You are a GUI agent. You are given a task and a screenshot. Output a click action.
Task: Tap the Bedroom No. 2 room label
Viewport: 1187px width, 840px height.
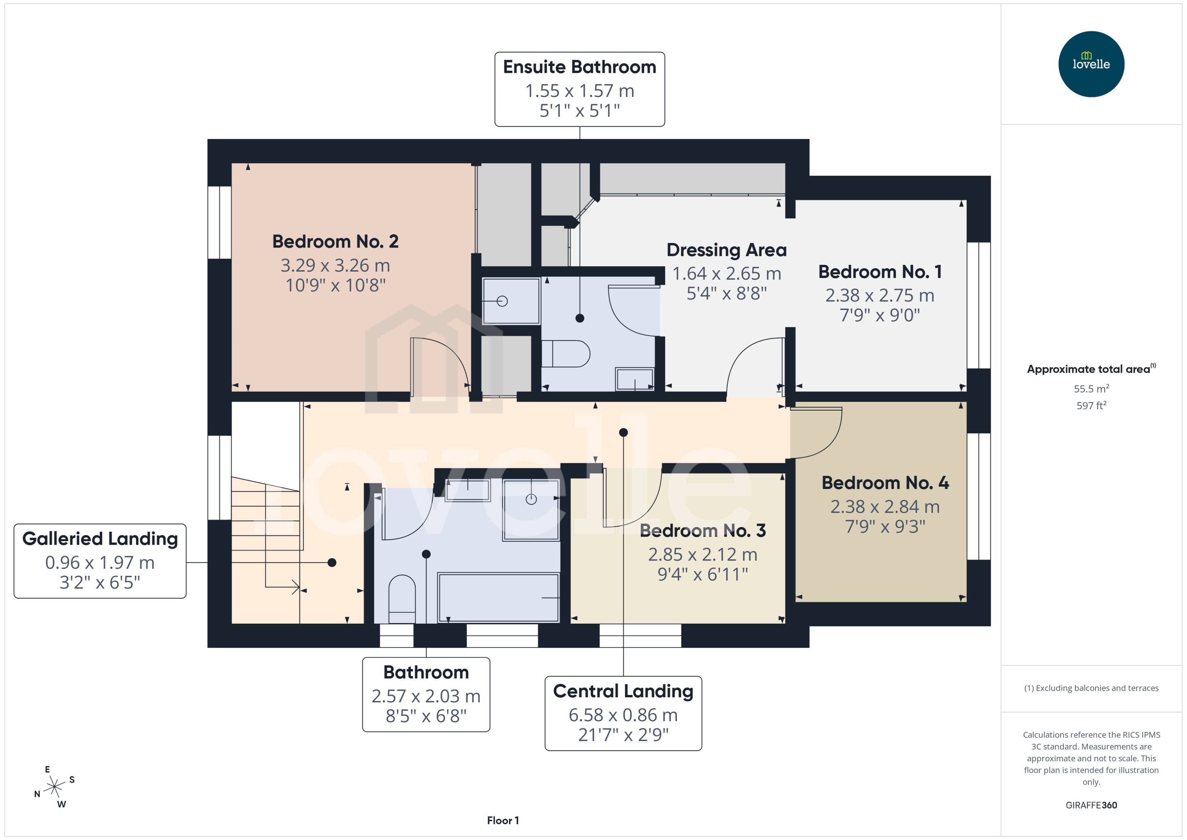coord(335,241)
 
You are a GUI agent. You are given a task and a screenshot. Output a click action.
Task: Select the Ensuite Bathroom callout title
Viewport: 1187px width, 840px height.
coord(579,67)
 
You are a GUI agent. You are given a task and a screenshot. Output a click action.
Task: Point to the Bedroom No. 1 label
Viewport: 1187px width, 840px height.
coord(879,272)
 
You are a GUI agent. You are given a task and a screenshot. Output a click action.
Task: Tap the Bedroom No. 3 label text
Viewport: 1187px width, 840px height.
coord(702,530)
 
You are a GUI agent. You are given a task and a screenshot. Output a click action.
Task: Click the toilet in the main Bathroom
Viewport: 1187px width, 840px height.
coord(402,598)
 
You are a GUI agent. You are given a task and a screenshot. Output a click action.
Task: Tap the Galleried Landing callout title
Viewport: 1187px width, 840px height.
coord(100,539)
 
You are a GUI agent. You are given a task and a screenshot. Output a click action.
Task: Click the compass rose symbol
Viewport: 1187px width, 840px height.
coord(54,787)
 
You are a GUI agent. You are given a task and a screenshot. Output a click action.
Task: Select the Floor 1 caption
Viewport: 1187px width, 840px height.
coord(502,820)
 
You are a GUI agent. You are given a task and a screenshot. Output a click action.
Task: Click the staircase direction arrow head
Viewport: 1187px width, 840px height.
coord(296,587)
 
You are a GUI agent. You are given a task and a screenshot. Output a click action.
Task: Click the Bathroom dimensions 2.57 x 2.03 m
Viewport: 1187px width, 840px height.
coord(426,696)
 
